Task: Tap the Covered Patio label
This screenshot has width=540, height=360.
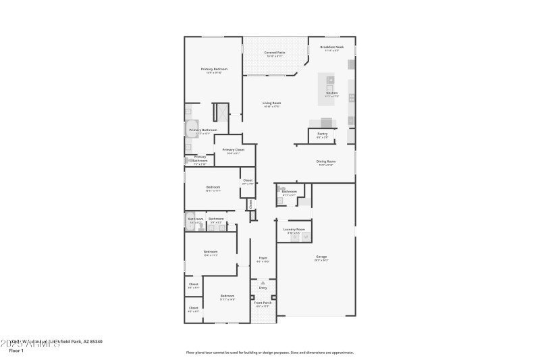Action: tap(274, 52)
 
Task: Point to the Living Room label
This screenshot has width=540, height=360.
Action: tap(271, 103)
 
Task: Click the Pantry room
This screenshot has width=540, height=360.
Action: tap(322, 135)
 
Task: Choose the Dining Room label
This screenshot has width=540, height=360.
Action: tap(326, 161)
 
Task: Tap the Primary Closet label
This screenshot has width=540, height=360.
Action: tap(228, 150)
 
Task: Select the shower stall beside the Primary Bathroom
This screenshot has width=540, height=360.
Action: tap(221, 112)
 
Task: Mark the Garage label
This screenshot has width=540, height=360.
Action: tap(321, 257)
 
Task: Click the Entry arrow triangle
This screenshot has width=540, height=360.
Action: tap(263, 282)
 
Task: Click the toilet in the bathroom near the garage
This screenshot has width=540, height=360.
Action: tap(281, 191)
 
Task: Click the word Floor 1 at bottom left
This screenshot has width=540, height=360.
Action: tap(16, 351)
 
